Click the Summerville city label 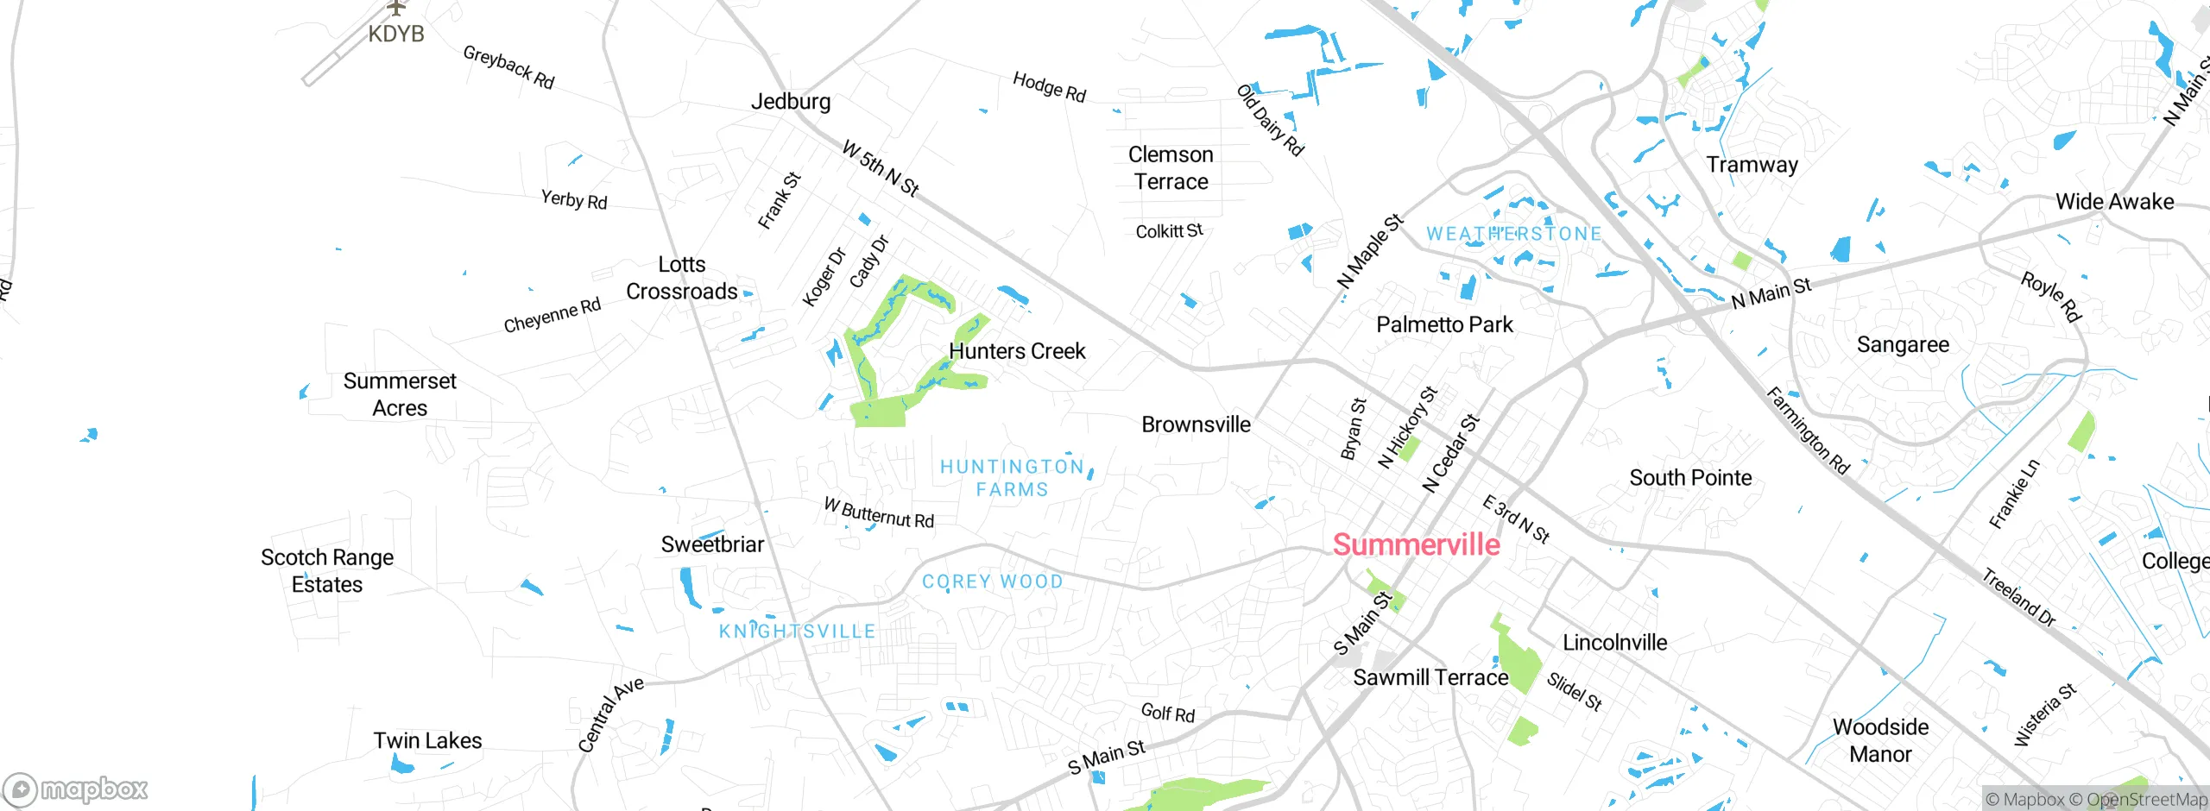[x=1416, y=544]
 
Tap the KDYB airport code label [x=396, y=35]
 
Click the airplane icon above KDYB [x=396, y=8]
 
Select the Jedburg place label [x=791, y=102]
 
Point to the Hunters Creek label [x=1017, y=351]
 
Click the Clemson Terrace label [x=1171, y=168]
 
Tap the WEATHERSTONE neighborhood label [x=1513, y=234]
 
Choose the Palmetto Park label [x=1444, y=325]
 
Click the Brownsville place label [x=1196, y=424]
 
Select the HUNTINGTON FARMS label [x=1012, y=478]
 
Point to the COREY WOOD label [x=993, y=582]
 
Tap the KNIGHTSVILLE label [x=797, y=632]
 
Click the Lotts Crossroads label [x=682, y=278]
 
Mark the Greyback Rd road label [x=508, y=67]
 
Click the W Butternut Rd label [x=879, y=512]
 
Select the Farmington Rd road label [x=1808, y=431]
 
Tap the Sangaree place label [x=1903, y=345]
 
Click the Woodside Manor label [x=1880, y=740]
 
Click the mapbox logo [x=76, y=789]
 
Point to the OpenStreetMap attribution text [x=2146, y=800]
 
